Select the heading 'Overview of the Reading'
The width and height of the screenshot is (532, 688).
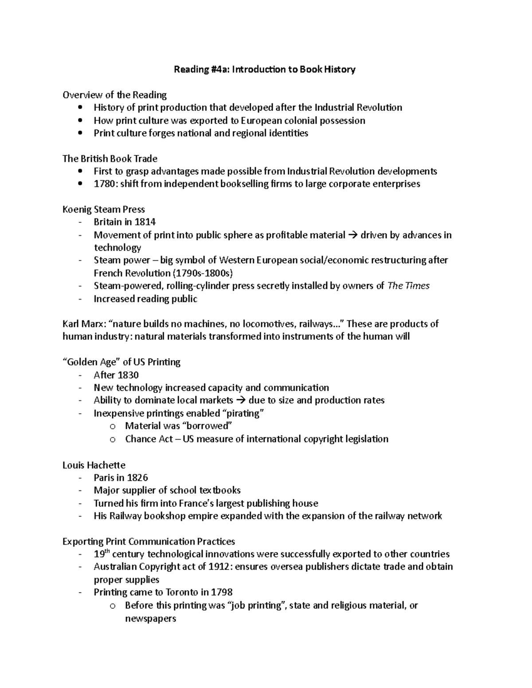[114, 95]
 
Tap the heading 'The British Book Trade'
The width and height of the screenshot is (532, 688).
[110, 159]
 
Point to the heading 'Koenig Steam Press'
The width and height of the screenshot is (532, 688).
[104, 210]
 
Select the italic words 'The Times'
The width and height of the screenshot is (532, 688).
[408, 286]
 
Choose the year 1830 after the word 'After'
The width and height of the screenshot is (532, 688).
[128, 375]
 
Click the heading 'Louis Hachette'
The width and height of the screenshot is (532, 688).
[94, 465]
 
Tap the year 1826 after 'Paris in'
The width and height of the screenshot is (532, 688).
[137, 478]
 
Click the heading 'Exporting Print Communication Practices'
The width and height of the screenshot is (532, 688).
[149, 541]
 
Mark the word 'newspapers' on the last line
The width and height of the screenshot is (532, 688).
[151, 618]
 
